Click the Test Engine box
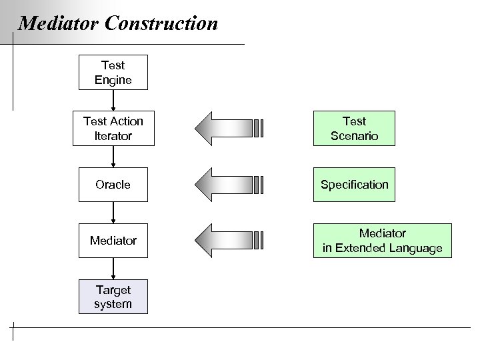click(113, 73)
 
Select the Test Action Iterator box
click(113, 128)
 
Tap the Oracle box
click(113, 185)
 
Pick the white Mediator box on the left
click(113, 241)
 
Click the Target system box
click(113, 297)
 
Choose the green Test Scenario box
click(354, 128)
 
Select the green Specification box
click(354, 185)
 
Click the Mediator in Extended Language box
click(382, 241)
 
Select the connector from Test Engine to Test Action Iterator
click(113, 100)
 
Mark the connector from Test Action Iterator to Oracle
click(113, 157)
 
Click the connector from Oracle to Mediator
click(113, 213)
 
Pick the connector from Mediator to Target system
click(113, 269)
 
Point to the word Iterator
click(113, 135)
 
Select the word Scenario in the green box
click(354, 135)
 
